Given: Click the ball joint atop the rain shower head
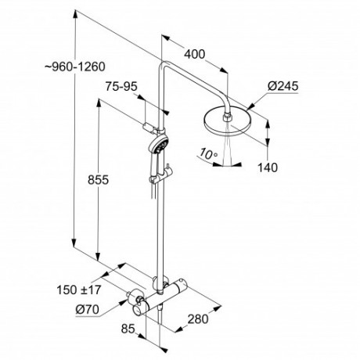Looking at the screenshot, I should pos(228,113).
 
